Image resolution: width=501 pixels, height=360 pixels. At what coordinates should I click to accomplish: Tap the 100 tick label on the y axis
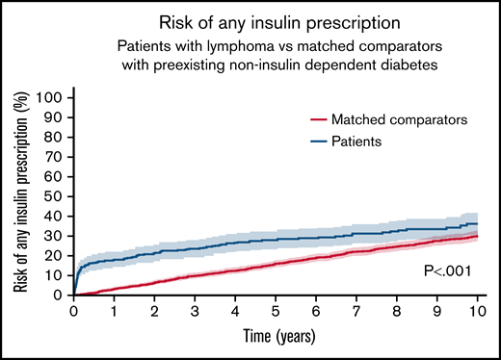pyautogui.click(x=53, y=97)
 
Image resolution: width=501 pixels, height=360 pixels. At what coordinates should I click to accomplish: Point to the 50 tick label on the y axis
pyautogui.click(x=57, y=196)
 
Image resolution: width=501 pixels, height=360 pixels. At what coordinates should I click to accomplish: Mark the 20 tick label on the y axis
pyautogui.click(x=57, y=255)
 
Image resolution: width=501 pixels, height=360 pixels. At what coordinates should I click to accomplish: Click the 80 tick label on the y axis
pyautogui.click(x=57, y=137)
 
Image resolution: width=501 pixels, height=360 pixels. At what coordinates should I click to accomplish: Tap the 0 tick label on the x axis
pyautogui.click(x=74, y=312)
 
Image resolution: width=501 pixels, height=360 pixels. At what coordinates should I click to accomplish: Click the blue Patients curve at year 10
pyautogui.click(x=476, y=223)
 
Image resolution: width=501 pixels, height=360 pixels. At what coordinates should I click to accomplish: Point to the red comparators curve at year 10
pyautogui.click(x=476, y=236)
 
